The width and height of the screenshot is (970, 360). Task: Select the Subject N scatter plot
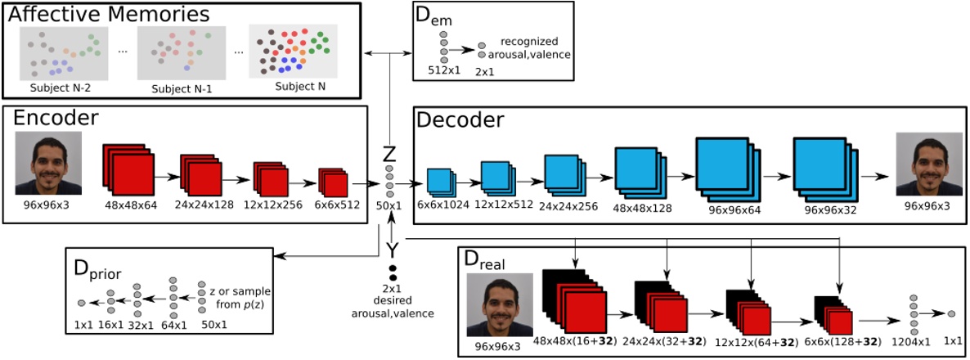pos(295,53)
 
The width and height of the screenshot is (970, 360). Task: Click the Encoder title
pos(56,118)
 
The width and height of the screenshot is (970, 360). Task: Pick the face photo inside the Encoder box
pos(48,162)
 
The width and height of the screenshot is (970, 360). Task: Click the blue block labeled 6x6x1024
pos(440,182)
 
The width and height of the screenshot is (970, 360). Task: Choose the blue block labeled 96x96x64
pos(724,168)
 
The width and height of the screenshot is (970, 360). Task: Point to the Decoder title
pos(460,119)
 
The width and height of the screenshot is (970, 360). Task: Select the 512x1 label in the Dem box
pos(445,70)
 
